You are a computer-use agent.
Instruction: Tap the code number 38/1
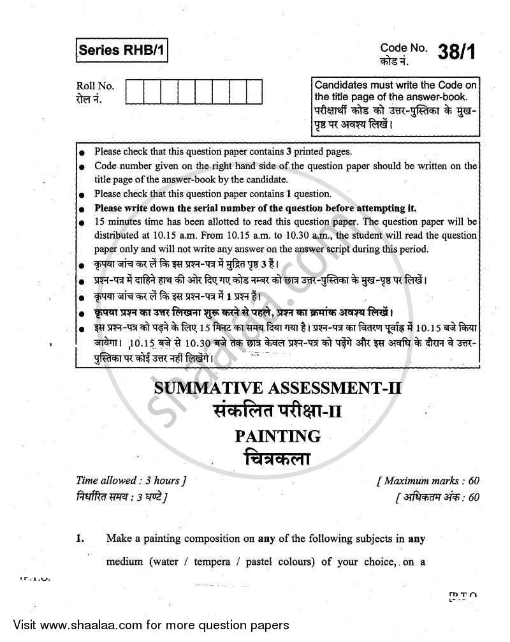point(456,52)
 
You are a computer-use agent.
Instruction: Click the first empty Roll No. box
point(135,91)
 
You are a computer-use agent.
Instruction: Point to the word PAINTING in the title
point(277,437)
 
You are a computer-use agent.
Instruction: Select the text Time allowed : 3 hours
point(131,481)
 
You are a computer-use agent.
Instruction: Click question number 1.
point(80,538)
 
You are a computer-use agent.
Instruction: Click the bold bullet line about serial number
point(255,208)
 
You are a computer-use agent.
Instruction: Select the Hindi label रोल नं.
point(89,99)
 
